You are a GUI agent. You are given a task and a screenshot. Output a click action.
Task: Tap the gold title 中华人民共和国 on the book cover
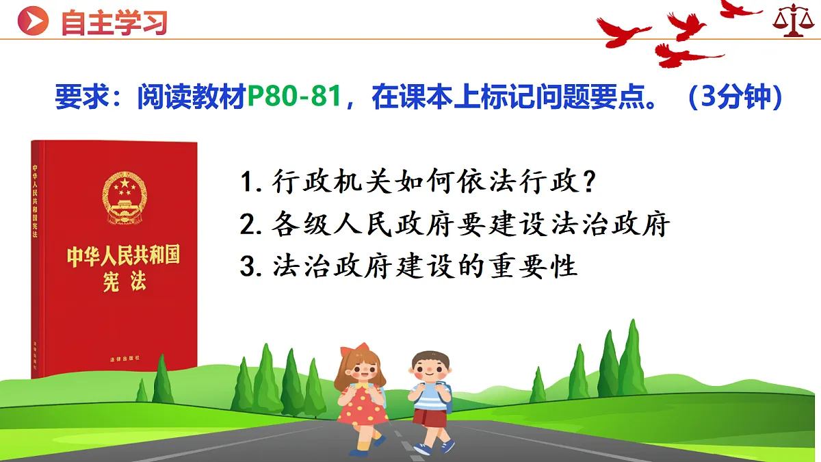click(123, 257)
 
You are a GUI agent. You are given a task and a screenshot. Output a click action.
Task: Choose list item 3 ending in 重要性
click(409, 266)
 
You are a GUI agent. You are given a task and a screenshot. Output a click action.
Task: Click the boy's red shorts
click(430, 417)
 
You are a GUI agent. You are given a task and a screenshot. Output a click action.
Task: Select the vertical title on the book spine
click(36, 199)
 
